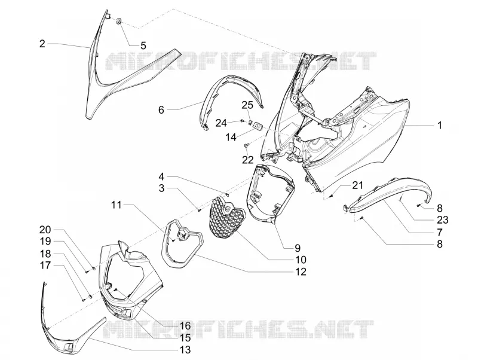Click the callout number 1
coord(439,126)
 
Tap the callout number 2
coord(42,44)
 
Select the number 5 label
coord(143,46)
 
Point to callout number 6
coord(161,110)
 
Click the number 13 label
coord(185,350)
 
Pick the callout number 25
coord(247,105)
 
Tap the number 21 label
coord(357,185)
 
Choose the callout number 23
coord(443,219)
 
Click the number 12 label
coord(301,271)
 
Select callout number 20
coord(45,230)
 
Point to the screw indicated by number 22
coord(246,146)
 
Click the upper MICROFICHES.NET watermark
coord(241,62)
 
